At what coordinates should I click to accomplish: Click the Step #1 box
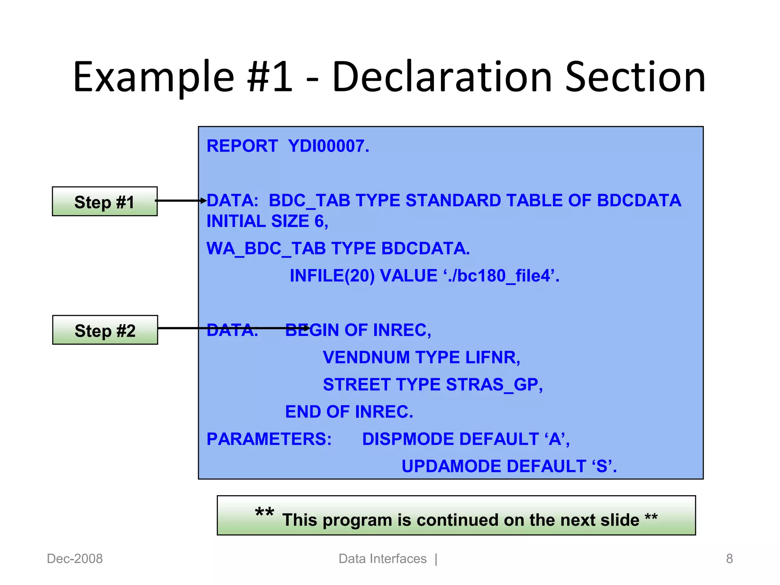[x=104, y=201]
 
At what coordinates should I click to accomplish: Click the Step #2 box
[x=105, y=330]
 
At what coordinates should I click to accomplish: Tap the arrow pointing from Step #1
[x=181, y=200]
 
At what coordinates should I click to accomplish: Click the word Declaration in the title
[x=442, y=77]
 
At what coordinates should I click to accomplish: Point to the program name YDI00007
[x=328, y=146]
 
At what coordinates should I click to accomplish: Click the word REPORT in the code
[x=242, y=146]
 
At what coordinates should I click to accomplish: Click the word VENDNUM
[x=366, y=358]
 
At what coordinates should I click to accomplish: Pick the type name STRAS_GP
[x=494, y=385]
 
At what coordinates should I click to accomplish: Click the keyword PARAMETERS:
[x=269, y=439]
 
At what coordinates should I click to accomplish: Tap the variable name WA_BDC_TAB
[x=266, y=249]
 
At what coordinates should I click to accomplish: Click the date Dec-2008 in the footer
[x=75, y=559]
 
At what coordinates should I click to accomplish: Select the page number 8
[x=729, y=559]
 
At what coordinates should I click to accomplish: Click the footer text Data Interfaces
[x=382, y=559]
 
